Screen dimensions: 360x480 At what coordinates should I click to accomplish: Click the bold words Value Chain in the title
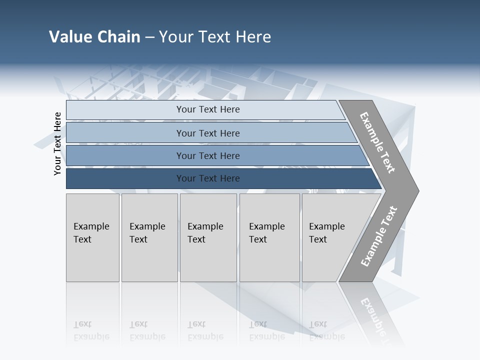pyautogui.click(x=94, y=37)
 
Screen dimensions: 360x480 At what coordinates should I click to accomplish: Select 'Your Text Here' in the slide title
pyautogui.click(x=215, y=37)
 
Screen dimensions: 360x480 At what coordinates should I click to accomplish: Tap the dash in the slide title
pyautogui.click(x=149, y=37)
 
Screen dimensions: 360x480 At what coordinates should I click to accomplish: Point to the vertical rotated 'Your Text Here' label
pyautogui.click(x=57, y=143)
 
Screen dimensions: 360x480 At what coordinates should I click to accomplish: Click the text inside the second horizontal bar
pyautogui.click(x=208, y=133)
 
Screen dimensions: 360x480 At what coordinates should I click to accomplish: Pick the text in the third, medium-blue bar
pyautogui.click(x=208, y=156)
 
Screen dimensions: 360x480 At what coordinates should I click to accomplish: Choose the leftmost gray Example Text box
pyautogui.click(x=92, y=237)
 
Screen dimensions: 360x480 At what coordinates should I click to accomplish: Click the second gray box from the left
pyautogui.click(x=149, y=237)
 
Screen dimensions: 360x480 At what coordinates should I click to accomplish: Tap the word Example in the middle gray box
pyautogui.click(x=205, y=226)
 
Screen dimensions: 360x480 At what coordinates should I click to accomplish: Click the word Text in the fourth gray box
pyautogui.click(x=258, y=239)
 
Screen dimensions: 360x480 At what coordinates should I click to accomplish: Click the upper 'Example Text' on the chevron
pyautogui.click(x=378, y=142)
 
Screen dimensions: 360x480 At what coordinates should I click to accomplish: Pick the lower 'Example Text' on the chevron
pyautogui.click(x=379, y=236)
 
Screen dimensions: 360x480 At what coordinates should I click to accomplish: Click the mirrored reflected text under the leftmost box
pyautogui.click(x=91, y=330)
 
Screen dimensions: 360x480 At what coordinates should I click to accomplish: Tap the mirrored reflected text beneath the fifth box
pyautogui.click(x=326, y=330)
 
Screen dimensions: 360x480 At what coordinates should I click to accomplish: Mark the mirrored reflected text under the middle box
pyautogui.click(x=205, y=330)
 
